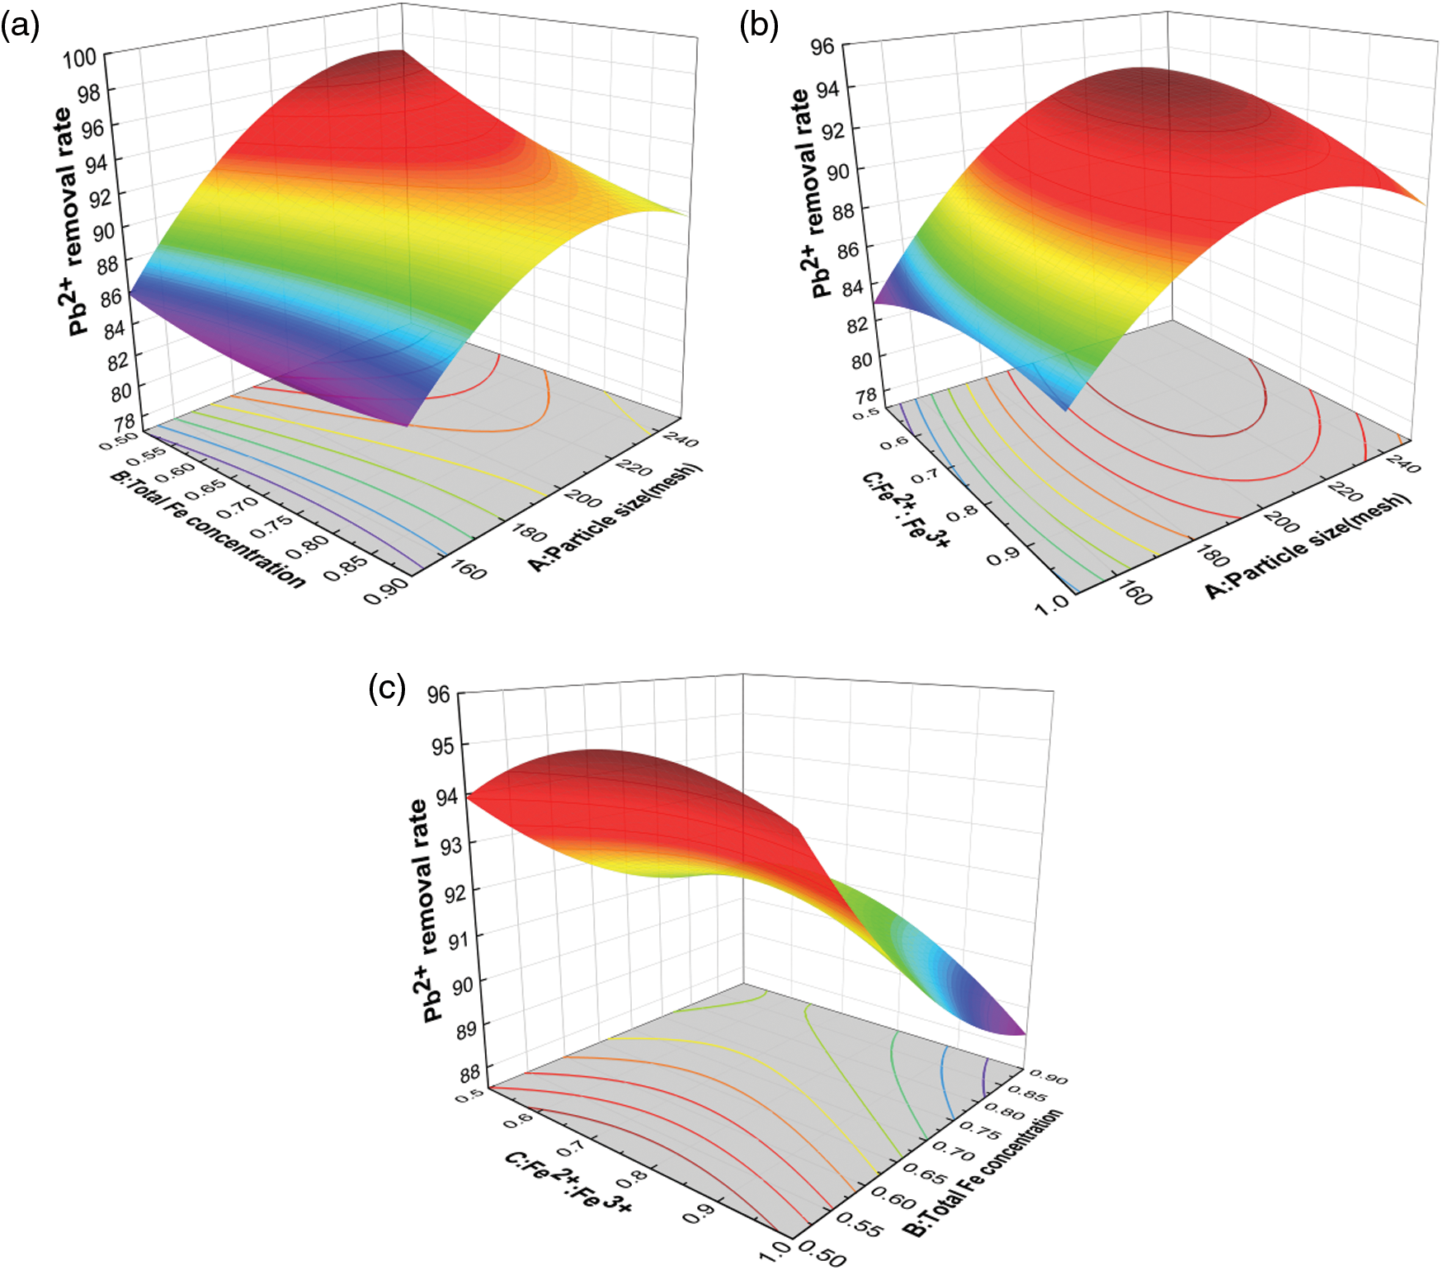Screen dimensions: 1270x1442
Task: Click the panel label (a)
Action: (20, 27)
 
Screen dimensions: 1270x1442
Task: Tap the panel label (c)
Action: (387, 687)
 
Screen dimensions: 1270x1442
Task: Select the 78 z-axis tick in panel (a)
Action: (125, 423)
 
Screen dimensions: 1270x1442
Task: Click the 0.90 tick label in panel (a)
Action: (385, 590)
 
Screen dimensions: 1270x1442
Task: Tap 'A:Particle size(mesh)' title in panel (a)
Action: (615, 517)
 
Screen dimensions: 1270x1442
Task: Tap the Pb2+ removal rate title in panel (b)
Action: (809, 193)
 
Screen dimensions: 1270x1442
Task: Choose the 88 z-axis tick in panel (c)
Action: (470, 1074)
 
